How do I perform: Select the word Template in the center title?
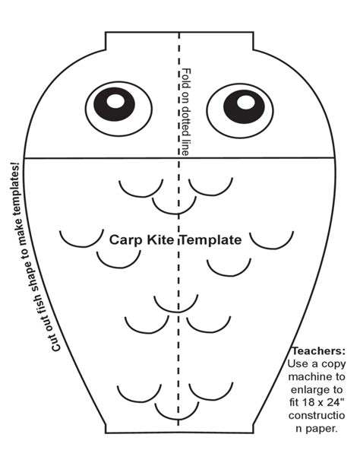click(211, 240)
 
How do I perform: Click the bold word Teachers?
click(318, 351)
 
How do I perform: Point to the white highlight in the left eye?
click(115, 101)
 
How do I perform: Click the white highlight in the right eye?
click(245, 102)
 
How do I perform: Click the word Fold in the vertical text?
click(186, 78)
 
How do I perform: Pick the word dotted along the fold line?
click(186, 120)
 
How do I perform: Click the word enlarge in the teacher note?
click(309, 390)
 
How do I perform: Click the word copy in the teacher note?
click(334, 365)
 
